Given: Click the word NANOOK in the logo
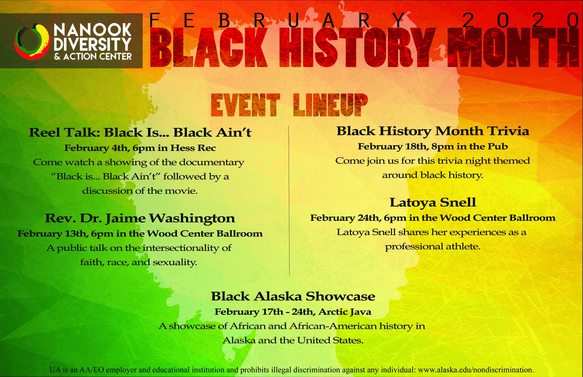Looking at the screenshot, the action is click(93, 30).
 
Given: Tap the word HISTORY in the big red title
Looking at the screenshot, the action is click(358, 48).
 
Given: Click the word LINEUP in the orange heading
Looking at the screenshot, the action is click(330, 105).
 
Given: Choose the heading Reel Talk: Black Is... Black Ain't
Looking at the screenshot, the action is click(140, 133).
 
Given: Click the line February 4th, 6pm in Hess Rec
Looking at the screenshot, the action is click(140, 148).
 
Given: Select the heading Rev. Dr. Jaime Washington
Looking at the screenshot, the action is click(140, 219).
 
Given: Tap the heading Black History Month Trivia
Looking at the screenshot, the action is click(433, 131).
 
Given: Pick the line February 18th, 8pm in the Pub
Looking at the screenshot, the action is click(433, 147).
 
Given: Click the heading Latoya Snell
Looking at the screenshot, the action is click(433, 203).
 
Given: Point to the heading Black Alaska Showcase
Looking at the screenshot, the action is click(293, 296).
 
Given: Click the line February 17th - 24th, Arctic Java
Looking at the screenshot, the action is click(293, 312).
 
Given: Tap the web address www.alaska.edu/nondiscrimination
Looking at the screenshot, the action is click(475, 370).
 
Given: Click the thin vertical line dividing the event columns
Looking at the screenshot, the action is click(289, 201).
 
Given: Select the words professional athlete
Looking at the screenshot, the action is click(433, 247).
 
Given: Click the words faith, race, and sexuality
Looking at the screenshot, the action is click(139, 262).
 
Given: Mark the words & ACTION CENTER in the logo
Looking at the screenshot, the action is click(93, 56).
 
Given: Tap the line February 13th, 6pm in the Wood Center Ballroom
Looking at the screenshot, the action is click(140, 234).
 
